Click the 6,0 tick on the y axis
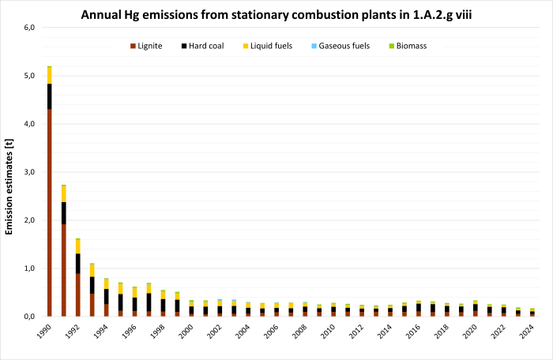tap(29, 28)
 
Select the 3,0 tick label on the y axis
tap(29, 172)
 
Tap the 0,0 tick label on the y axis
tap(29, 317)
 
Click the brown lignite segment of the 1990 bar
tap(49, 213)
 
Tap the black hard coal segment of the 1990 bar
tap(49, 96)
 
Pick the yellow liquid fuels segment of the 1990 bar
tap(49, 75)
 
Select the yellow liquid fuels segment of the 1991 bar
tap(63, 193)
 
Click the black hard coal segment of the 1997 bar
tap(149, 302)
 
